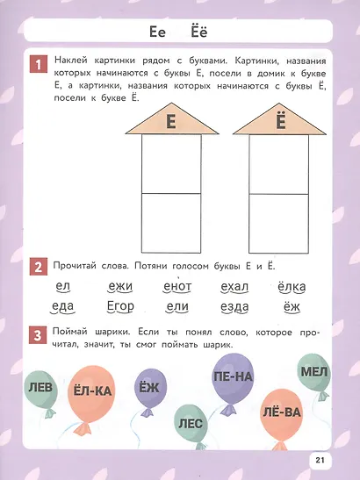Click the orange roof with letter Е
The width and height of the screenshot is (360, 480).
[172, 121]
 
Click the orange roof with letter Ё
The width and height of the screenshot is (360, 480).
[281, 121]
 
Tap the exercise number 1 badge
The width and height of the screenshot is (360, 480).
[38, 64]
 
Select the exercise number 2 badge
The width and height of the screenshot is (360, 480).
[38, 267]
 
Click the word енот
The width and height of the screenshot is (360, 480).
[177, 286]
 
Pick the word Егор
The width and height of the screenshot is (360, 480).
[119, 307]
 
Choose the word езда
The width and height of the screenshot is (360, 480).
[234, 307]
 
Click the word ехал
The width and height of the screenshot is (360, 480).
[234, 286]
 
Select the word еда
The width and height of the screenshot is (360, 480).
[62, 307]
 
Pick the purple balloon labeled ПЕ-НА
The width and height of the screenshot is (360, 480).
[233, 377]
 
